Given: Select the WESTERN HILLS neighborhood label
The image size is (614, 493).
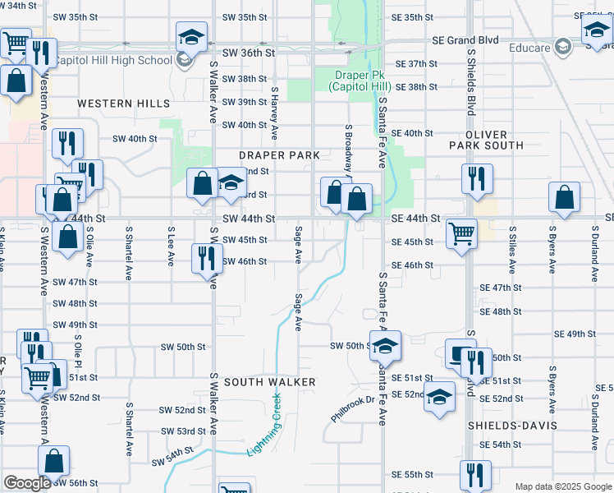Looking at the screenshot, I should [124, 104].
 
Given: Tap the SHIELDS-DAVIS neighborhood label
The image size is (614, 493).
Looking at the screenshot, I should [512, 426].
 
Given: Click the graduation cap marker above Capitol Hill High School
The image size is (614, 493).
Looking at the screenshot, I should [191, 36].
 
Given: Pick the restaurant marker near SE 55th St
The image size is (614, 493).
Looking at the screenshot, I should [475, 474].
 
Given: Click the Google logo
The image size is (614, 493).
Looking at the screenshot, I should [27, 484].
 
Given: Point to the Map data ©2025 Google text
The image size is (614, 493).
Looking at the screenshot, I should [563, 486].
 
